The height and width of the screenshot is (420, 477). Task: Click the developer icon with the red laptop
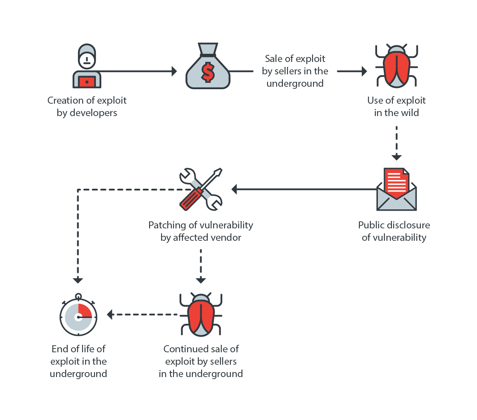click(86, 66)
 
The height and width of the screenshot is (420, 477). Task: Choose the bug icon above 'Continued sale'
click(201, 314)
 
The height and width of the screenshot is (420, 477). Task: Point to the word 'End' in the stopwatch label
click(60, 349)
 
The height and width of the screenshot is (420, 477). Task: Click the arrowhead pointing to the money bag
click(174, 71)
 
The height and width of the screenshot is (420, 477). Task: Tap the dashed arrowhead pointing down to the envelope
click(396, 157)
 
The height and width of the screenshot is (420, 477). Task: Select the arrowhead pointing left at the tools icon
click(234, 190)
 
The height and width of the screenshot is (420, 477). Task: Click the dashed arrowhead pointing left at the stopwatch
click(110, 315)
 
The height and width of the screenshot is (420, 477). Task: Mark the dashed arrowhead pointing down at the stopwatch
click(78, 280)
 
